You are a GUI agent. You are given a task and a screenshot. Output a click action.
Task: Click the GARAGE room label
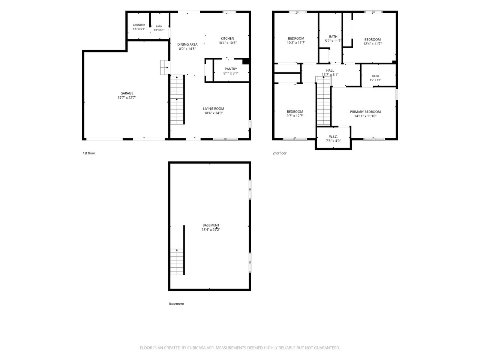point(127,93)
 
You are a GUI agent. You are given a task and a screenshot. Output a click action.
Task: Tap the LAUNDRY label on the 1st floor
point(139,25)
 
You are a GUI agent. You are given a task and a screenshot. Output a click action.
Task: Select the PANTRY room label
point(231,69)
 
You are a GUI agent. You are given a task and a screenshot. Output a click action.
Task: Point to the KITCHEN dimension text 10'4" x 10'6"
point(227,43)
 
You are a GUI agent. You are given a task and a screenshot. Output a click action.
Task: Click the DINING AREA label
point(187,44)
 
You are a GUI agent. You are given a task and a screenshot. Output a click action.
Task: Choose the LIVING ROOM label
point(213,109)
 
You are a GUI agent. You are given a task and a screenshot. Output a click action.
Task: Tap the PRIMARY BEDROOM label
point(365,112)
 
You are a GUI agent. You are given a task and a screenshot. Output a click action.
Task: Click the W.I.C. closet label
point(333,136)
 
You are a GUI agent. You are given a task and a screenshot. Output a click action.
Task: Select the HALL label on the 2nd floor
point(330,70)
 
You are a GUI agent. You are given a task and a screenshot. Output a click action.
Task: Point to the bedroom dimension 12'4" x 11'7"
point(372,44)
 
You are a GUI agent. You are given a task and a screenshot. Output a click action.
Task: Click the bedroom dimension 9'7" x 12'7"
point(295,116)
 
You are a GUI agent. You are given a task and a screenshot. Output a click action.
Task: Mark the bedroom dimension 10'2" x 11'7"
point(296,43)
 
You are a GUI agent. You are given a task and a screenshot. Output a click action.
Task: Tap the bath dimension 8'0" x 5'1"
point(375,80)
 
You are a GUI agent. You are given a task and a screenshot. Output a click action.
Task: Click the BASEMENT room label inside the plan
point(211,225)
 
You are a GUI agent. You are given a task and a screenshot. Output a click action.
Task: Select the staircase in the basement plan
point(177,262)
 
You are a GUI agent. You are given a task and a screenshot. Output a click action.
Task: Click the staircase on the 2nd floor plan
point(323,100)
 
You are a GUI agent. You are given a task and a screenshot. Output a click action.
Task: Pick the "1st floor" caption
point(89,153)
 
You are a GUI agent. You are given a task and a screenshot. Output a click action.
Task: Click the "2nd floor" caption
point(279,153)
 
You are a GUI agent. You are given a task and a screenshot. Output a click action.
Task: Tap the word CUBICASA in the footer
point(196,348)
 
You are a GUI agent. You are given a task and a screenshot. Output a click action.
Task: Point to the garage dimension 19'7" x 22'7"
point(127,98)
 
